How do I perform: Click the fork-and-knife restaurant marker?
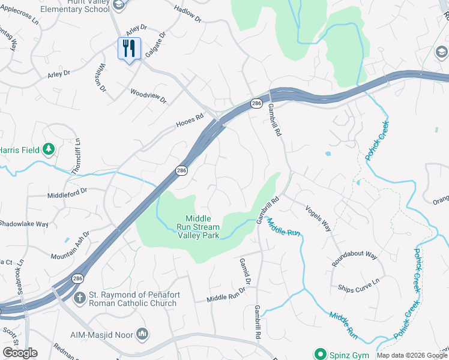pyautogui.click(x=129, y=48)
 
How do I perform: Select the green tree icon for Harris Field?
pyautogui.click(x=49, y=149)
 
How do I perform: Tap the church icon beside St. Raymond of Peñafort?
pyautogui.click(x=79, y=298)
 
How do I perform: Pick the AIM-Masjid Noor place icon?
pyautogui.click(x=142, y=333)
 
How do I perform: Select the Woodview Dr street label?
pyautogui.click(x=148, y=96)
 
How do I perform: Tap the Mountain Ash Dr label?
pyautogui.click(x=70, y=246)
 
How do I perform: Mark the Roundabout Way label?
pyautogui.click(x=354, y=259)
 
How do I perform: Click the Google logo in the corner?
pyautogui.click(x=20, y=353)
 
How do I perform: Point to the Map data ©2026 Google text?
pyautogui.click(x=412, y=355)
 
